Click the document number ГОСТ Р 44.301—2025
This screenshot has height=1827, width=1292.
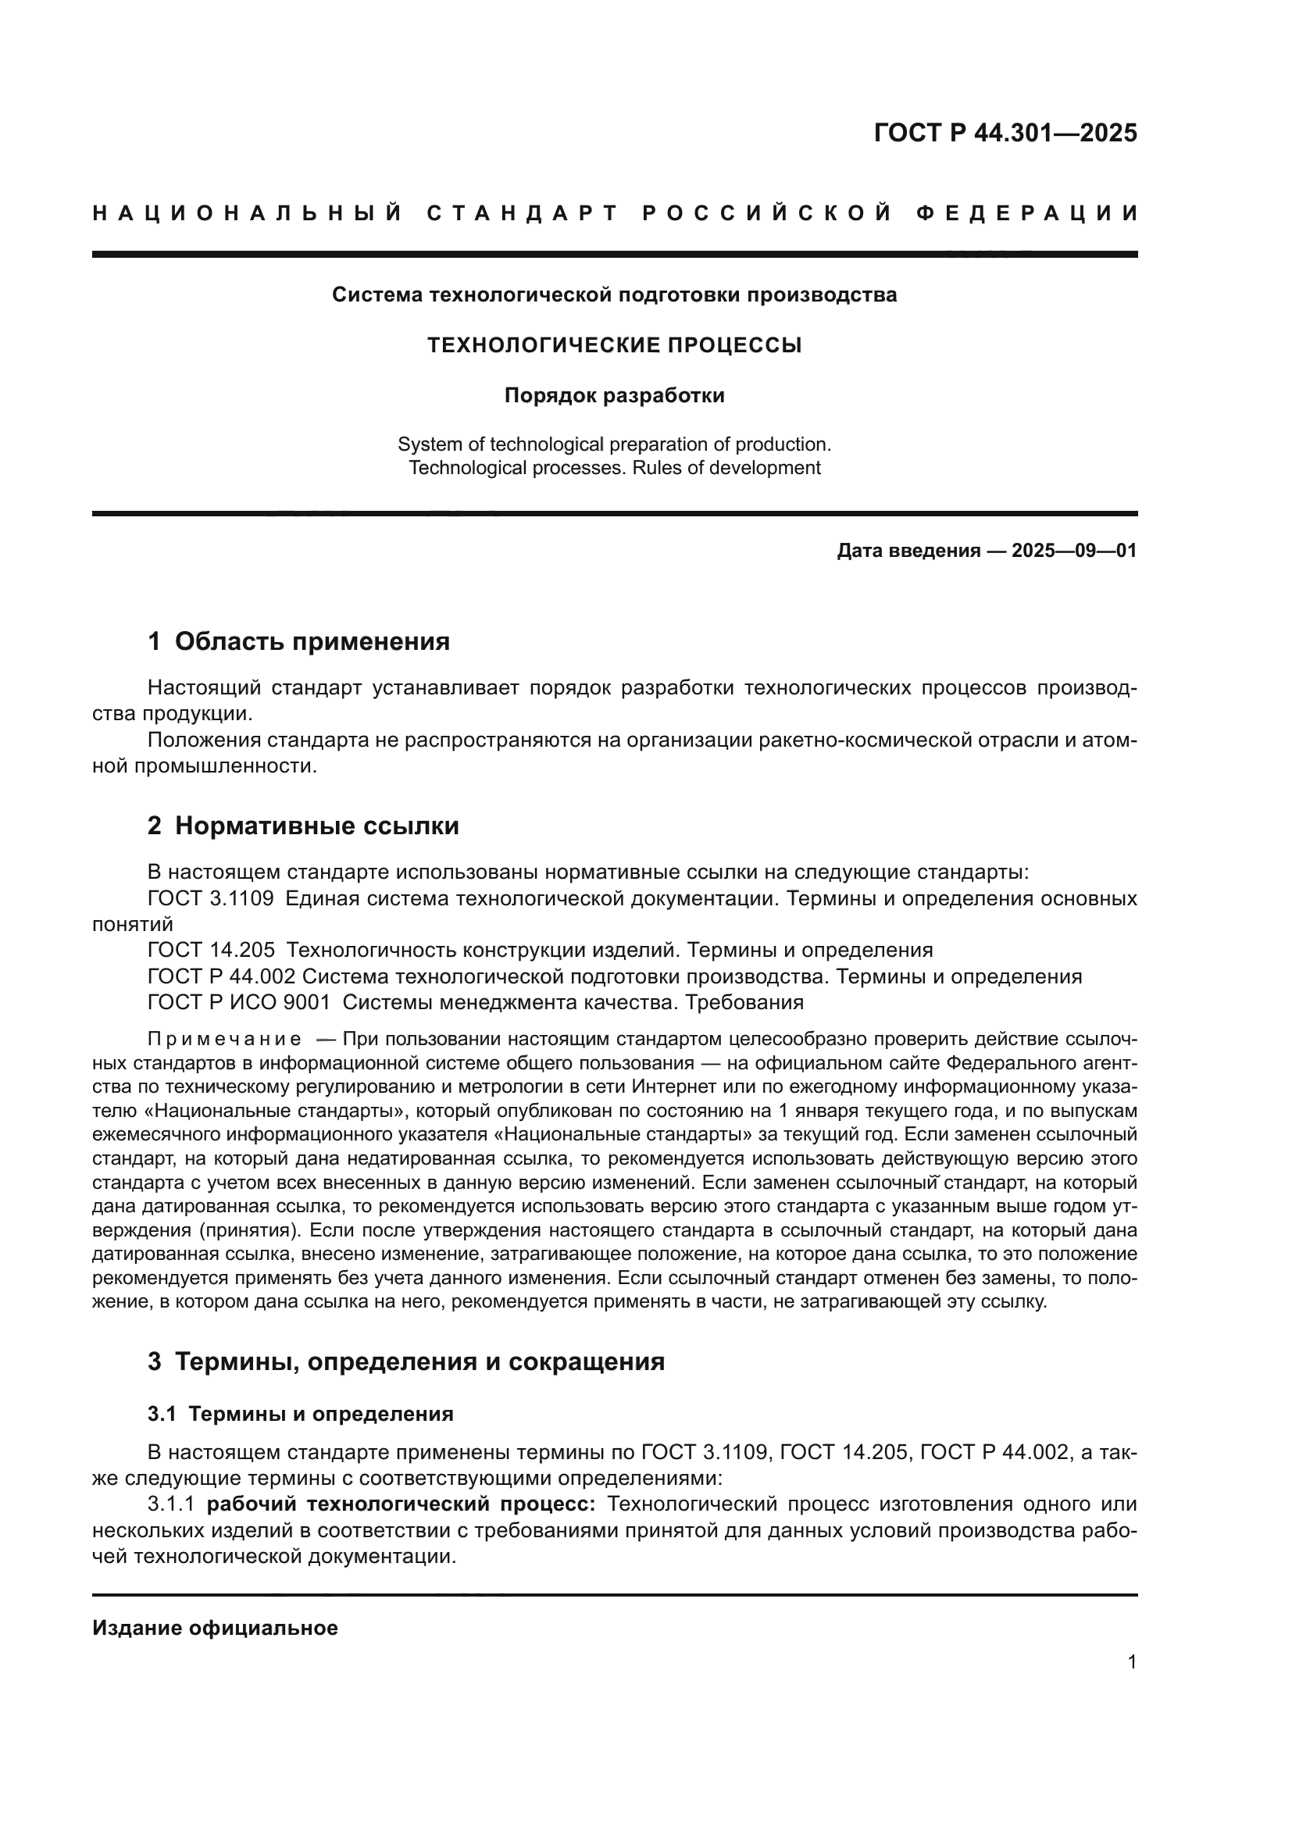[1005, 133]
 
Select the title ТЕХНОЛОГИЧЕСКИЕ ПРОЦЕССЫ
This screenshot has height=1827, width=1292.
[614, 345]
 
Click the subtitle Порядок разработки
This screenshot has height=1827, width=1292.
[614, 395]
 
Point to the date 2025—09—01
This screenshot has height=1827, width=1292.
[1074, 551]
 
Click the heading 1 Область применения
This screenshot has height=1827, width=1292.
[299, 641]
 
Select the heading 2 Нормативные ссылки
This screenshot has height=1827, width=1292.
[303, 826]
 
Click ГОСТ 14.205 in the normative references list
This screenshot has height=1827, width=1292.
[212, 950]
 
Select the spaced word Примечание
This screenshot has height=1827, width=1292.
[224, 1040]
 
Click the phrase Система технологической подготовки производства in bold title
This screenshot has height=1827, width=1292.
[614, 295]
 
